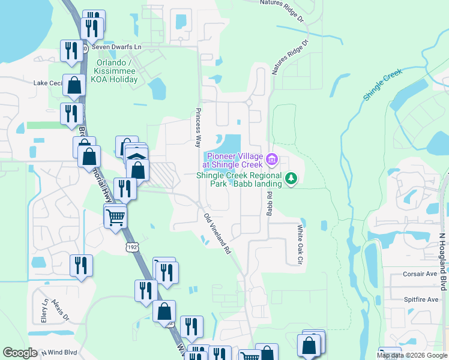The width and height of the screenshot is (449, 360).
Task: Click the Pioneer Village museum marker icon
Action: pos(271,159)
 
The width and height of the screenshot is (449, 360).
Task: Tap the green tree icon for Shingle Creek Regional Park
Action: pos(291,178)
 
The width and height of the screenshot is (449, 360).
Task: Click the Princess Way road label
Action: pos(197,128)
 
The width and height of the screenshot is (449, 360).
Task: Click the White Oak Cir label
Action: pos(299,245)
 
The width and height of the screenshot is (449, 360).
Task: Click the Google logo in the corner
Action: pos(20,353)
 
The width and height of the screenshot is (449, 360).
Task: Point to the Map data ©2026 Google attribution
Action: pos(412,355)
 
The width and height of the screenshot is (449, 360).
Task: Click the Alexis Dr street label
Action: pos(61,309)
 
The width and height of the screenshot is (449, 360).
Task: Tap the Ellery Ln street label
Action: pos(44,311)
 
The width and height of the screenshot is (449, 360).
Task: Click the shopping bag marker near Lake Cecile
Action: pos(74,86)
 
